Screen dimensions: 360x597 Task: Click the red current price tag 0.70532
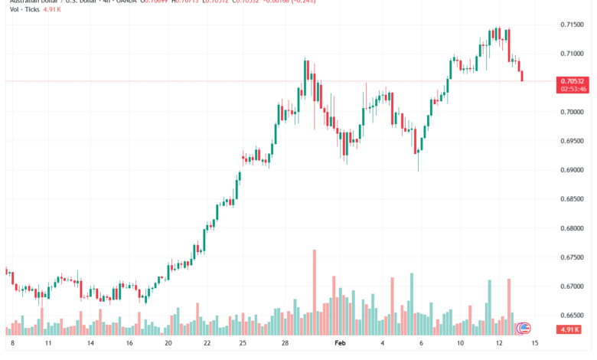click(x=573, y=80)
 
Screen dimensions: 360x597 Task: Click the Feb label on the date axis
click(x=341, y=345)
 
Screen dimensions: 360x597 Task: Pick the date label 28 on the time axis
click(x=284, y=345)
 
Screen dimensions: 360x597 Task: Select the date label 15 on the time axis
click(x=535, y=345)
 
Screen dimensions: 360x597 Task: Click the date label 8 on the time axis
click(x=11, y=345)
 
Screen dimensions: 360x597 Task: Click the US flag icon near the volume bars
click(x=524, y=328)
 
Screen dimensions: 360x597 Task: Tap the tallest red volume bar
click(x=314, y=291)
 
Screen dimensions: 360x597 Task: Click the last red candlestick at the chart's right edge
click(x=522, y=75)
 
